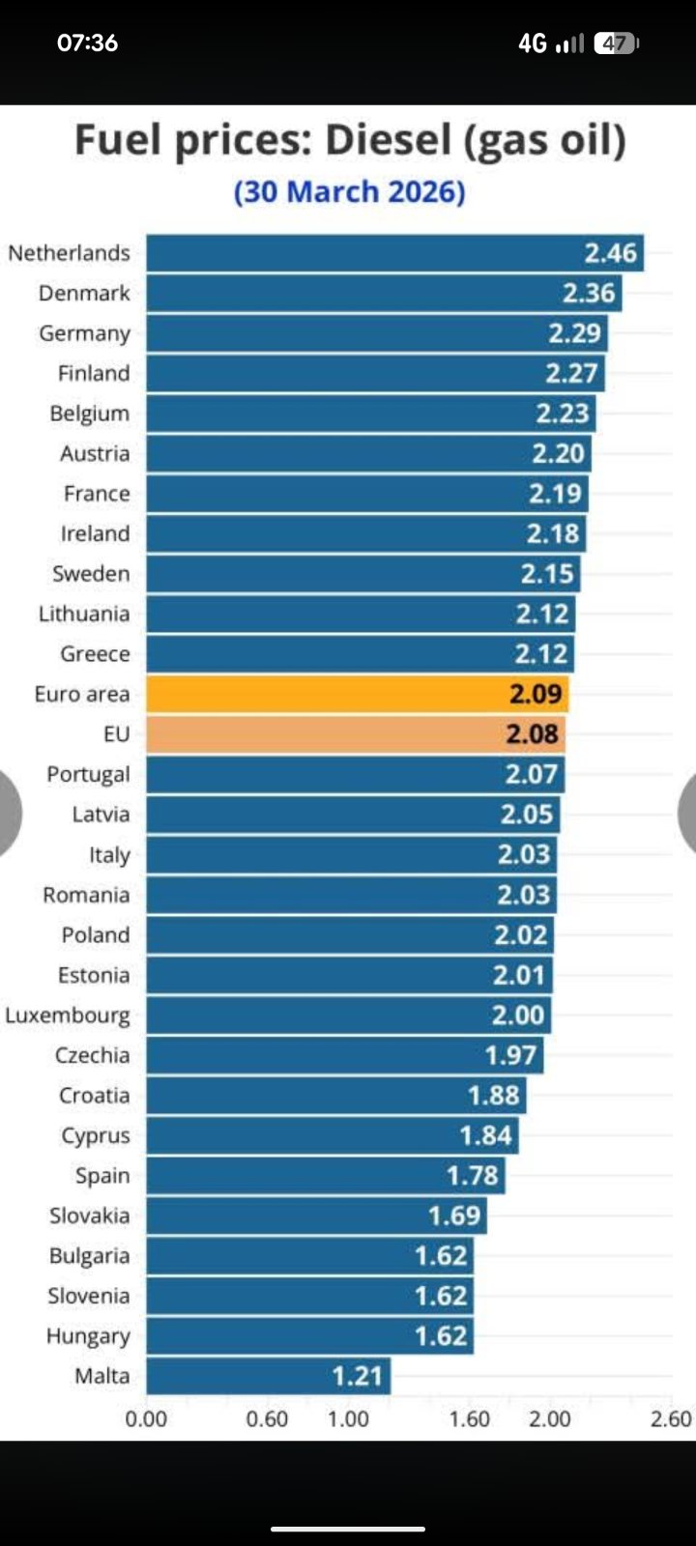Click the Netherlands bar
(394, 253)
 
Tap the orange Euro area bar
(357, 694)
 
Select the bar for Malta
(268, 1375)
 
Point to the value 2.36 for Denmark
(589, 293)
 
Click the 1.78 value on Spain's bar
(473, 1175)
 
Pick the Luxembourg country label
(68, 1016)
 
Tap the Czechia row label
(92, 1055)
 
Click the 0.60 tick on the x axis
(267, 1418)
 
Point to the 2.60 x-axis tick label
(671, 1418)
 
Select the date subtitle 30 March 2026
(349, 191)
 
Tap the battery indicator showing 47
(616, 43)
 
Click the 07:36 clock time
(88, 43)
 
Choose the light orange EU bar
(356, 734)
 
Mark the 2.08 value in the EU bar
(533, 734)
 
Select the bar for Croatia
(335, 1095)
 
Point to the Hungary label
(88, 1336)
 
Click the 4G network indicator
(533, 43)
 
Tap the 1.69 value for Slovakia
(454, 1216)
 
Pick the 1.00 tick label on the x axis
(348, 1418)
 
